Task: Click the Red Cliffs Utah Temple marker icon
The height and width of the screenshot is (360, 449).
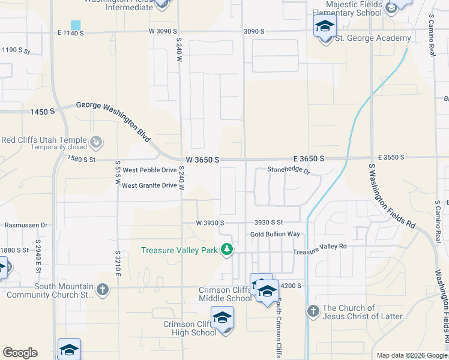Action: tap(96, 142)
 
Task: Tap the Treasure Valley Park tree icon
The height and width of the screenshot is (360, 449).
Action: tap(226, 249)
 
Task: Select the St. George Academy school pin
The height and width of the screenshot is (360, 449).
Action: tap(325, 26)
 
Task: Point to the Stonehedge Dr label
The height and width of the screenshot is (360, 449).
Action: tap(288, 171)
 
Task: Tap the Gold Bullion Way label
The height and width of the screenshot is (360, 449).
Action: tap(275, 234)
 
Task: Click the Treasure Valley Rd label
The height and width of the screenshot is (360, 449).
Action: tap(320, 247)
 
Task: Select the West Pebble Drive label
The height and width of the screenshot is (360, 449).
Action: tap(149, 171)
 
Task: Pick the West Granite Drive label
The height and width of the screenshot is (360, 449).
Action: tap(149, 185)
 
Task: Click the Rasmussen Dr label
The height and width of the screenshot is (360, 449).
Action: tap(26, 225)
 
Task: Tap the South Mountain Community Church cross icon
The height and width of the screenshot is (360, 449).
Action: tap(102, 290)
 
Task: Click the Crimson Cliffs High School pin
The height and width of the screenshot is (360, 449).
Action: tap(222, 318)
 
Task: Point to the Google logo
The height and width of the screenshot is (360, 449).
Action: tap(20, 353)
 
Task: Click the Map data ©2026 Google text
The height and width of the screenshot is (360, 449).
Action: tap(412, 355)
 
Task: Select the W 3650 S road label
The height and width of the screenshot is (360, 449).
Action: tap(202, 160)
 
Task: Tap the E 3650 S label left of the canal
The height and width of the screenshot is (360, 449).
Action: tap(309, 158)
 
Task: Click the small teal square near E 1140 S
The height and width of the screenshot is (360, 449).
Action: tap(75, 25)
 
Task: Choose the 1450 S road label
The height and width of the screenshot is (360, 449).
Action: tap(43, 112)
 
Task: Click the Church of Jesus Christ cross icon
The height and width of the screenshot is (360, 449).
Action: tap(313, 311)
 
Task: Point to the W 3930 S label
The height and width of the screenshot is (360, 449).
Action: tap(209, 223)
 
